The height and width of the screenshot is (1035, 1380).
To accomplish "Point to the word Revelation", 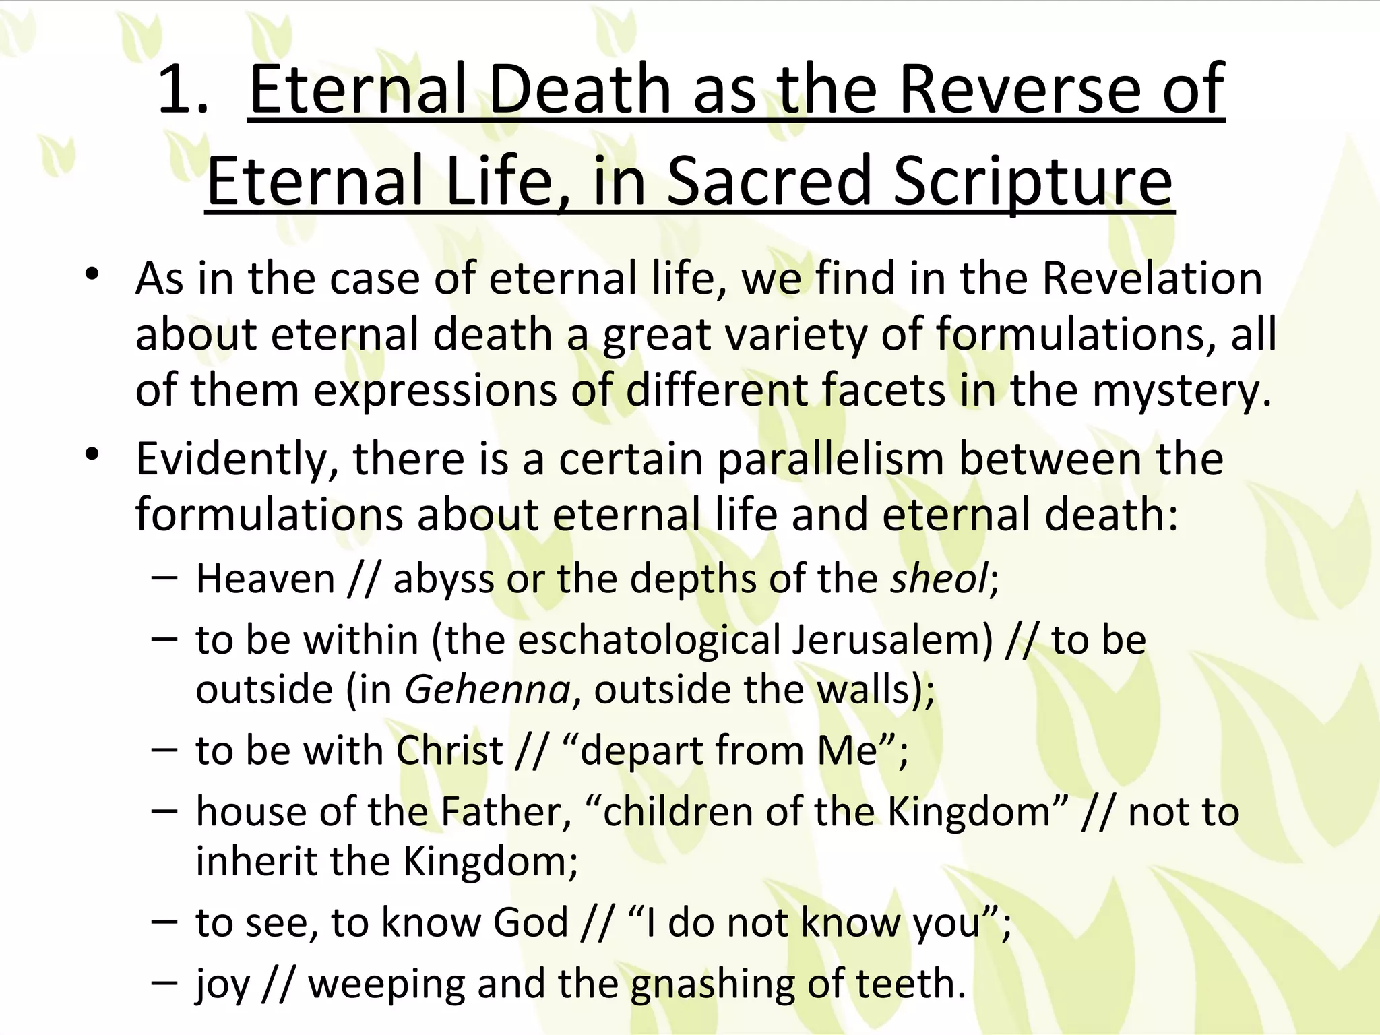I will (1152, 278).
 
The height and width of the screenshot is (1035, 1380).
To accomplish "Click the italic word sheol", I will (939, 578).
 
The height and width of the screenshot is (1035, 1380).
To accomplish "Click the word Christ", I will (449, 750).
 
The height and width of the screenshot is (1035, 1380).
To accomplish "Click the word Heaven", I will (265, 578).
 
